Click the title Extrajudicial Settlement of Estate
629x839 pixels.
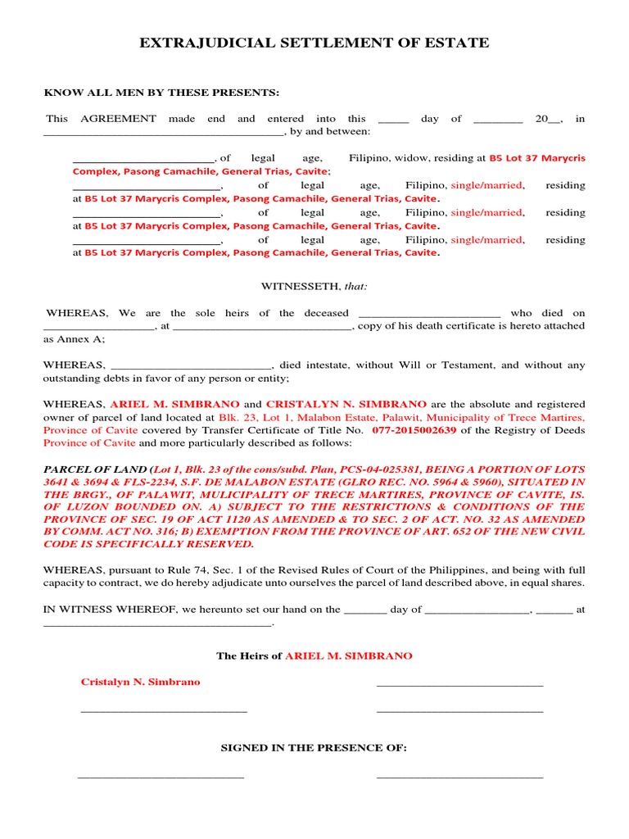click(x=314, y=43)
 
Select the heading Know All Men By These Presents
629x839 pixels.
click(x=161, y=92)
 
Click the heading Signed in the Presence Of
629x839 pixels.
click(x=314, y=748)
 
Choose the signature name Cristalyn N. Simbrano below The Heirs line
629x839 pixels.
click(x=140, y=682)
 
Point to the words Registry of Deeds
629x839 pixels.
click(x=544, y=430)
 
